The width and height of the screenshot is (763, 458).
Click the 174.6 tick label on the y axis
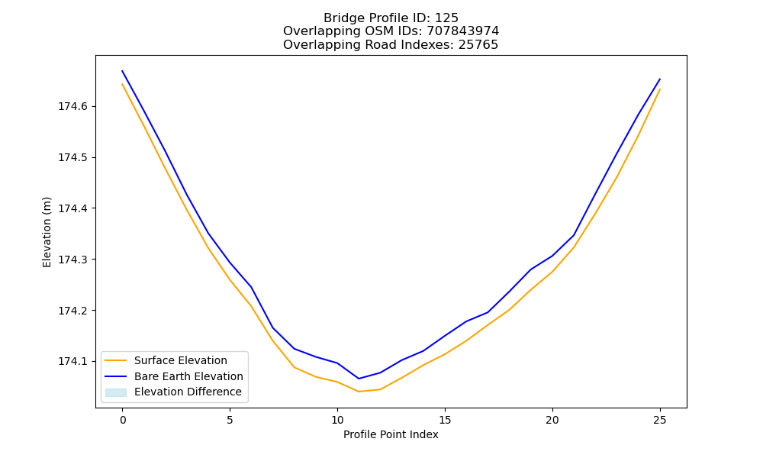pos(74,107)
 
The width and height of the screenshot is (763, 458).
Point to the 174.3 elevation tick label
pos(74,260)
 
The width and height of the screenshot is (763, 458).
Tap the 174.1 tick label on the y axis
pos(74,362)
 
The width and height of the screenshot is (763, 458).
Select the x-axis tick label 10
pos(337,420)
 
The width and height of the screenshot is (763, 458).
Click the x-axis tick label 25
pos(660,420)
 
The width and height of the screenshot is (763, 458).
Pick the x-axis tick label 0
pos(123,420)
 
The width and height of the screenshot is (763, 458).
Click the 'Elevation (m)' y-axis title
pos(47,232)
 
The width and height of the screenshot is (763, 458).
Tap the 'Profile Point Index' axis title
pos(391,434)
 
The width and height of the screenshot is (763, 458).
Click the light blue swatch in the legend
pos(116,392)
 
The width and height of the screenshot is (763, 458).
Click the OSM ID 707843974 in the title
pos(463,31)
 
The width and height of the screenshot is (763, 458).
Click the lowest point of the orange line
pos(359,392)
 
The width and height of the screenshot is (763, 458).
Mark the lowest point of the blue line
pos(359,379)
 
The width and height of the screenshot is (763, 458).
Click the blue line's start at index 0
pos(122,70)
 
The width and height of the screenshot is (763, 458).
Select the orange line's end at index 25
pos(660,89)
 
